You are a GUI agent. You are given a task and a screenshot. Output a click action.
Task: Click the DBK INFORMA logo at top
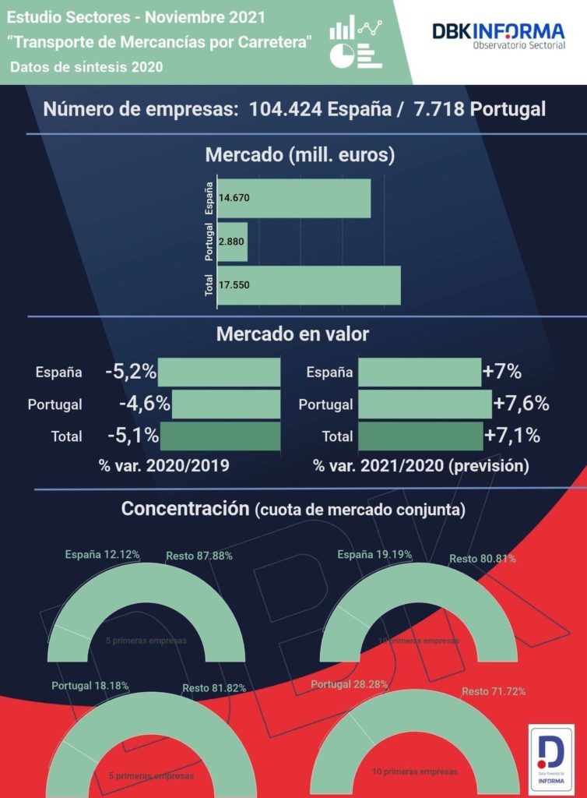pyautogui.click(x=498, y=37)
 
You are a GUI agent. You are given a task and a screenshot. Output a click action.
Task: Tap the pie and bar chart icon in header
pyautogui.click(x=356, y=43)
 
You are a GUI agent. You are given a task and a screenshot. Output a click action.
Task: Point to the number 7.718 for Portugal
pyautogui.click(x=442, y=108)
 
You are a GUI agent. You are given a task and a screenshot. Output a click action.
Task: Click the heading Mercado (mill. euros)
pyautogui.click(x=300, y=154)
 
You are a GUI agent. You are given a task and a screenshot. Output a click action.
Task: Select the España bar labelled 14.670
pyautogui.click(x=294, y=199)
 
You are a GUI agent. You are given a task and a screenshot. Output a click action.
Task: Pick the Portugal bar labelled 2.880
pyautogui.click(x=233, y=242)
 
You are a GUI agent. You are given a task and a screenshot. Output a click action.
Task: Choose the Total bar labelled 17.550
pyautogui.click(x=309, y=285)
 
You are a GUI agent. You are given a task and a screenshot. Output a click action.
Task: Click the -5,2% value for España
pyautogui.click(x=131, y=372)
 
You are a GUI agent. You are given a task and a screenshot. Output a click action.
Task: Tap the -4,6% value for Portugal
pyautogui.click(x=144, y=404)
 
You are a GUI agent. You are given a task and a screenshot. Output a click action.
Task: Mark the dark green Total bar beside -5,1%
pyautogui.click(x=220, y=436)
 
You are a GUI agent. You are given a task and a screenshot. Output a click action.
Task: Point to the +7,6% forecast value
pyautogui.click(x=522, y=404)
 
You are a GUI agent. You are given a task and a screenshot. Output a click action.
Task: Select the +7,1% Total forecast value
pyautogui.click(x=511, y=436)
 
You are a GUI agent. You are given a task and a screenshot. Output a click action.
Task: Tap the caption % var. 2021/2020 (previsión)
pyautogui.click(x=420, y=466)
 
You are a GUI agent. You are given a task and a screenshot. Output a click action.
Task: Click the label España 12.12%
pyautogui.click(x=102, y=555)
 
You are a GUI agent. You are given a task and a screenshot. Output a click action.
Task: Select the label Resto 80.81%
pyautogui.click(x=482, y=559)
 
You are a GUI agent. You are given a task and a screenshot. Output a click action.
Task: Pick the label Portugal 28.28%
pyautogui.click(x=350, y=684)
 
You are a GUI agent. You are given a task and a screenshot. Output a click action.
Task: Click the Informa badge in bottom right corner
pyautogui.click(x=551, y=758)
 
